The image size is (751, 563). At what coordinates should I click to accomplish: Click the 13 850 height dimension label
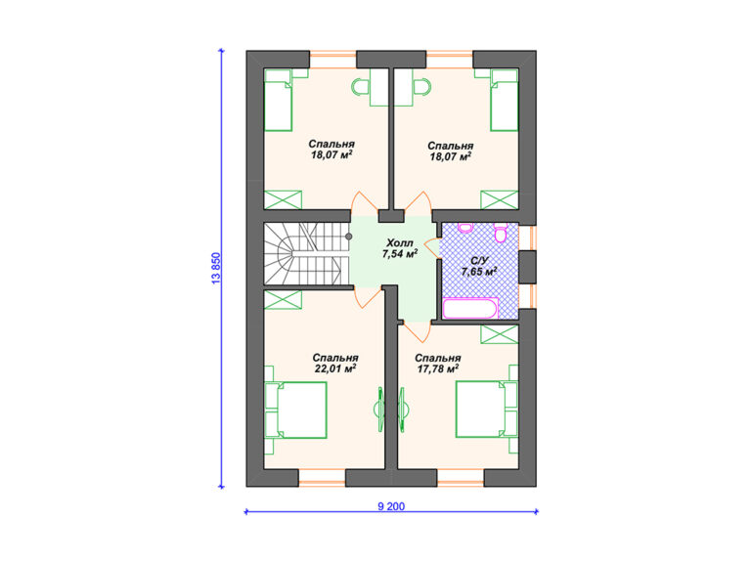(216, 269)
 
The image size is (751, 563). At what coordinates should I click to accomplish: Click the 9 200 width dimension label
(391, 506)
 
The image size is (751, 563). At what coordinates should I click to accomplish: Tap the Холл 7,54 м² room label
(399, 248)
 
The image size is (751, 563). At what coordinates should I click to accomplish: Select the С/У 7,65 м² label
(479, 266)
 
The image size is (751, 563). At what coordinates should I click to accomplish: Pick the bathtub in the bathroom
(470, 308)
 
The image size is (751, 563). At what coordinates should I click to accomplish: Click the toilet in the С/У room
(501, 233)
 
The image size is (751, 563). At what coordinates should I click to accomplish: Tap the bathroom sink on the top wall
(465, 227)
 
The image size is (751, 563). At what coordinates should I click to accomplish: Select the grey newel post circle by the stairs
(349, 237)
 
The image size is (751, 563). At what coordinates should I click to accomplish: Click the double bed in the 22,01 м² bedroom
(295, 410)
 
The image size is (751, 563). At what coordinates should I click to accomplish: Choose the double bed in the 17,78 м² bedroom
(487, 409)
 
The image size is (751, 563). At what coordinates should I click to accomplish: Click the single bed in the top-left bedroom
(279, 100)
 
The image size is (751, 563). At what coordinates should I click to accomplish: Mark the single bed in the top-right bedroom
(505, 100)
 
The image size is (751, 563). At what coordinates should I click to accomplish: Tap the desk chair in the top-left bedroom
(360, 87)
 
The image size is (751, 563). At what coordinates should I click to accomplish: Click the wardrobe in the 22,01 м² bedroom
(283, 300)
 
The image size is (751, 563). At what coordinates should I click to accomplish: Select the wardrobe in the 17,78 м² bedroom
(500, 334)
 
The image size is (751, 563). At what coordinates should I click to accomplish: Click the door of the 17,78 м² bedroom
(417, 331)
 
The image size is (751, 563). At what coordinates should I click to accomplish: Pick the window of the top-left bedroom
(332, 60)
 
